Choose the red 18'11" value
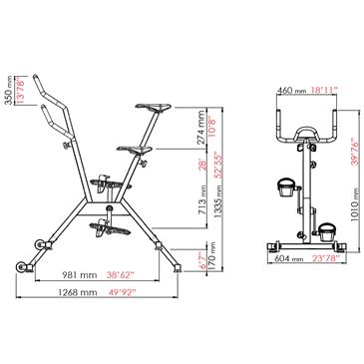[x=325, y=89]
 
